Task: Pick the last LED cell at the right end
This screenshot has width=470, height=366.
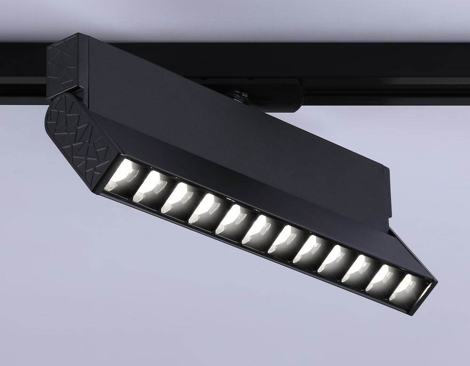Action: click(x=404, y=288)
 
